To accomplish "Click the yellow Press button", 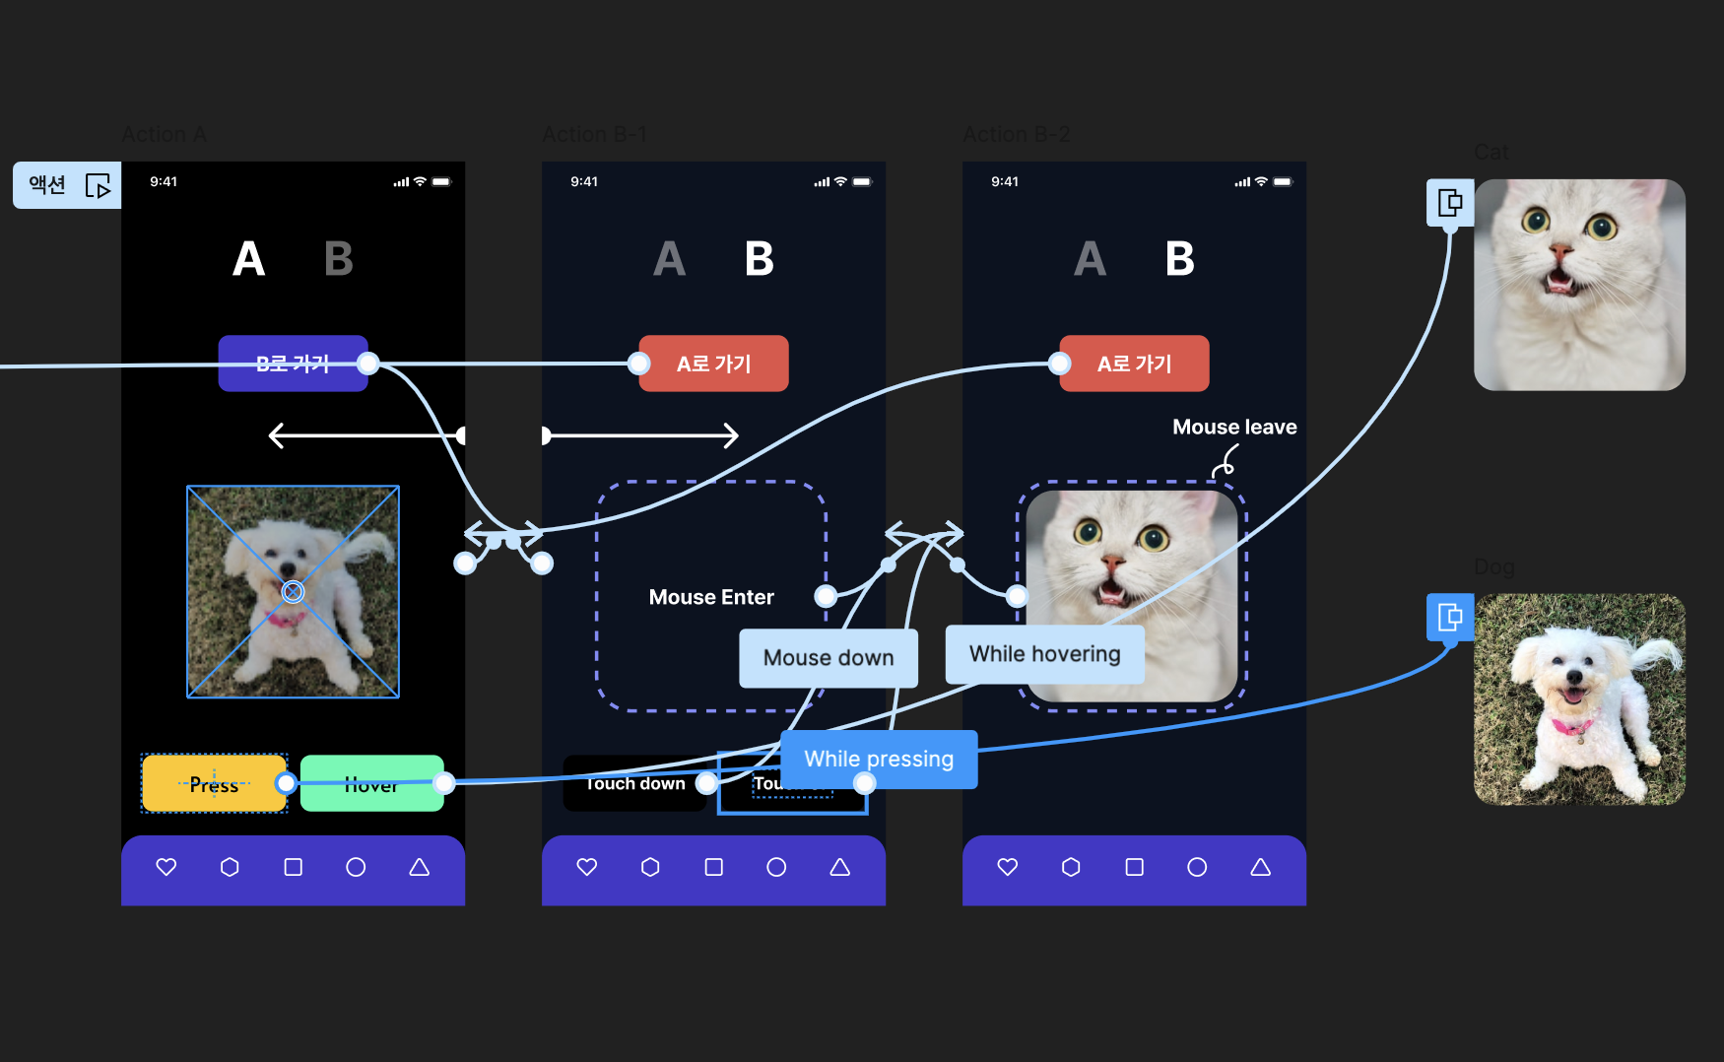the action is [x=214, y=784].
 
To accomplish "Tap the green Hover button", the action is [x=371, y=784].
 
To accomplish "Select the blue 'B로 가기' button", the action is [x=292, y=364].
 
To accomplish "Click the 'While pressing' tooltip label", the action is [x=879, y=759].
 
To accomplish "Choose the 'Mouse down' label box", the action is [x=829, y=658].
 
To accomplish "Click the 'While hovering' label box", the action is [x=1044, y=654].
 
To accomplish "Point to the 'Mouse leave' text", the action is [x=1233, y=427].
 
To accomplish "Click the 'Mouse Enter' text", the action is [x=711, y=597].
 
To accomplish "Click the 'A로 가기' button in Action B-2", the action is [x=1134, y=364].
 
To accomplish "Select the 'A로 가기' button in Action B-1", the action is [x=713, y=364].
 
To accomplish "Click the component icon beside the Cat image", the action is [x=1450, y=203].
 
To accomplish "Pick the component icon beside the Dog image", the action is [x=1450, y=618].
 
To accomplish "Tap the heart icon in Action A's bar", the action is [x=166, y=867].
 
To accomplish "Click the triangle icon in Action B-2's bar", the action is [x=1260, y=867].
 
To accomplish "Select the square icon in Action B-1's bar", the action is [x=713, y=867].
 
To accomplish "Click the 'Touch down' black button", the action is [x=634, y=784].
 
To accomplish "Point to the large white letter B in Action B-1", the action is [x=759, y=259].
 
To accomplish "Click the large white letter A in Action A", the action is [x=248, y=259].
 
